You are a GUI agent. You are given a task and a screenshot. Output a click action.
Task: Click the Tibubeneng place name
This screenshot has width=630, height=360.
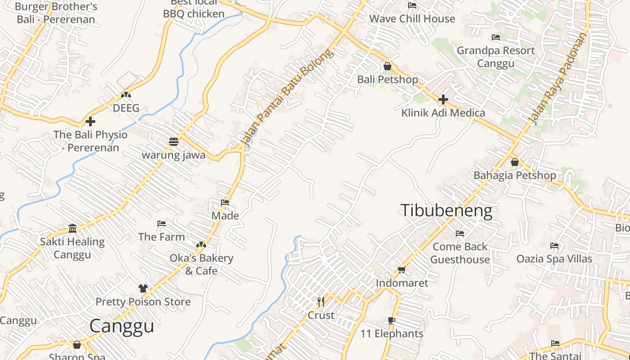point(446,211)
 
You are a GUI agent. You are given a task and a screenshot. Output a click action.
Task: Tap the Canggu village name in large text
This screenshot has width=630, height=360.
point(121,326)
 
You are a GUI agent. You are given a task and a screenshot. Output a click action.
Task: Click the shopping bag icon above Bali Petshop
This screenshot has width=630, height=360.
point(387,67)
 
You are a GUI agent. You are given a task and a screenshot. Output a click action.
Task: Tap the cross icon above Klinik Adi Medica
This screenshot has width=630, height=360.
point(443,99)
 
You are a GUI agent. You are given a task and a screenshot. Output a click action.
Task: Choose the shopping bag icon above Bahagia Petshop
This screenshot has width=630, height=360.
point(514,162)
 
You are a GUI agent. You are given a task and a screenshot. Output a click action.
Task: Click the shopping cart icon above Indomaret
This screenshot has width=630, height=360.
point(401,270)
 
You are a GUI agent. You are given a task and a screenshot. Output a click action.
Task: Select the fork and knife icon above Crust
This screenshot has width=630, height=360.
point(321,302)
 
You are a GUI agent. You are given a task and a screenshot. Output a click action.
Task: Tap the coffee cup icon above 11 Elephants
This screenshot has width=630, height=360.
point(391,321)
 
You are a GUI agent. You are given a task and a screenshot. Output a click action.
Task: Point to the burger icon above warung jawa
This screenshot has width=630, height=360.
point(174,142)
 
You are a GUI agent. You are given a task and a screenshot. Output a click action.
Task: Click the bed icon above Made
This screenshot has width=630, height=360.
point(225,202)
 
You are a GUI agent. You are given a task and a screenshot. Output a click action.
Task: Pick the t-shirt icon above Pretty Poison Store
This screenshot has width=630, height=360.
point(143,288)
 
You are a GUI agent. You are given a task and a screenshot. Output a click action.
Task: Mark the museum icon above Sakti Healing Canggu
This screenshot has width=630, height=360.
point(72,229)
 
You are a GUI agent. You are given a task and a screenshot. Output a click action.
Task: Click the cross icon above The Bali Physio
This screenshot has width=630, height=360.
point(90,121)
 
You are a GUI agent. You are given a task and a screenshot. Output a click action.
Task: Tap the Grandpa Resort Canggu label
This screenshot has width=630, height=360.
point(496,57)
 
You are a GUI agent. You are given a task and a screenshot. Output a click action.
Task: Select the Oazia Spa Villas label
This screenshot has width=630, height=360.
point(554,259)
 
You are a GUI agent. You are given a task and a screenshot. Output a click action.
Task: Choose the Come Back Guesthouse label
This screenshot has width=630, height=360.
point(460,253)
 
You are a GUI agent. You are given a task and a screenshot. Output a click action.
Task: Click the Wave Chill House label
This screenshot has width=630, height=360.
point(412,19)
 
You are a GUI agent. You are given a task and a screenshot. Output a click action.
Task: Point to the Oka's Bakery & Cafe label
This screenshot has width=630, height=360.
point(201,264)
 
